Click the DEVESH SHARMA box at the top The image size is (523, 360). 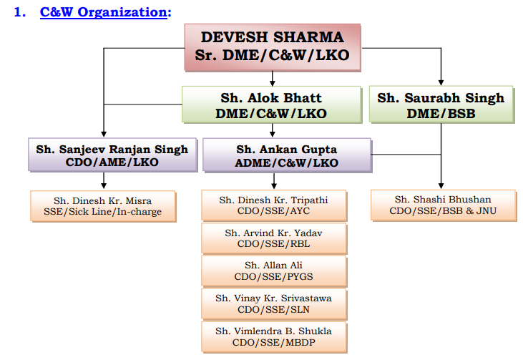point(273,47)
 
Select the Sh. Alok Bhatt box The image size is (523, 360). point(272,104)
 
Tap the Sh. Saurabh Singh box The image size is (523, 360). point(441,104)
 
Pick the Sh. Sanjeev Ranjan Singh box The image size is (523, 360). point(113,155)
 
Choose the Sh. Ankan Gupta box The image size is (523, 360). point(287,155)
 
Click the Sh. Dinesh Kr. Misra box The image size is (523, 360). point(103,206)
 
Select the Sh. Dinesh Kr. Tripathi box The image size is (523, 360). point(274,205)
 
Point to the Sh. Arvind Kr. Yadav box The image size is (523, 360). point(274,238)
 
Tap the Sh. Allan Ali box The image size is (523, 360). point(274,271)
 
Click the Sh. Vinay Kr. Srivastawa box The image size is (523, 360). point(274,304)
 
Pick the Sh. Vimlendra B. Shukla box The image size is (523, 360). point(274,337)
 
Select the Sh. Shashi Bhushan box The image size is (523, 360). point(444,205)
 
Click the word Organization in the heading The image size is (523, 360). point(122,13)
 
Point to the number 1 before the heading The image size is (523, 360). point(19,12)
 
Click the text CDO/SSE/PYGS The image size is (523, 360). point(274,276)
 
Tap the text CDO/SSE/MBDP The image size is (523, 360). point(274,343)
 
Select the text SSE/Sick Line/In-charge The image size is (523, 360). point(103,212)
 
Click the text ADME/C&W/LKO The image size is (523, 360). point(286,162)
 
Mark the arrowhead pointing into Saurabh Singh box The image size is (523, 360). point(441,83)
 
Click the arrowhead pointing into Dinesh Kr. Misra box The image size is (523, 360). point(104,185)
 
